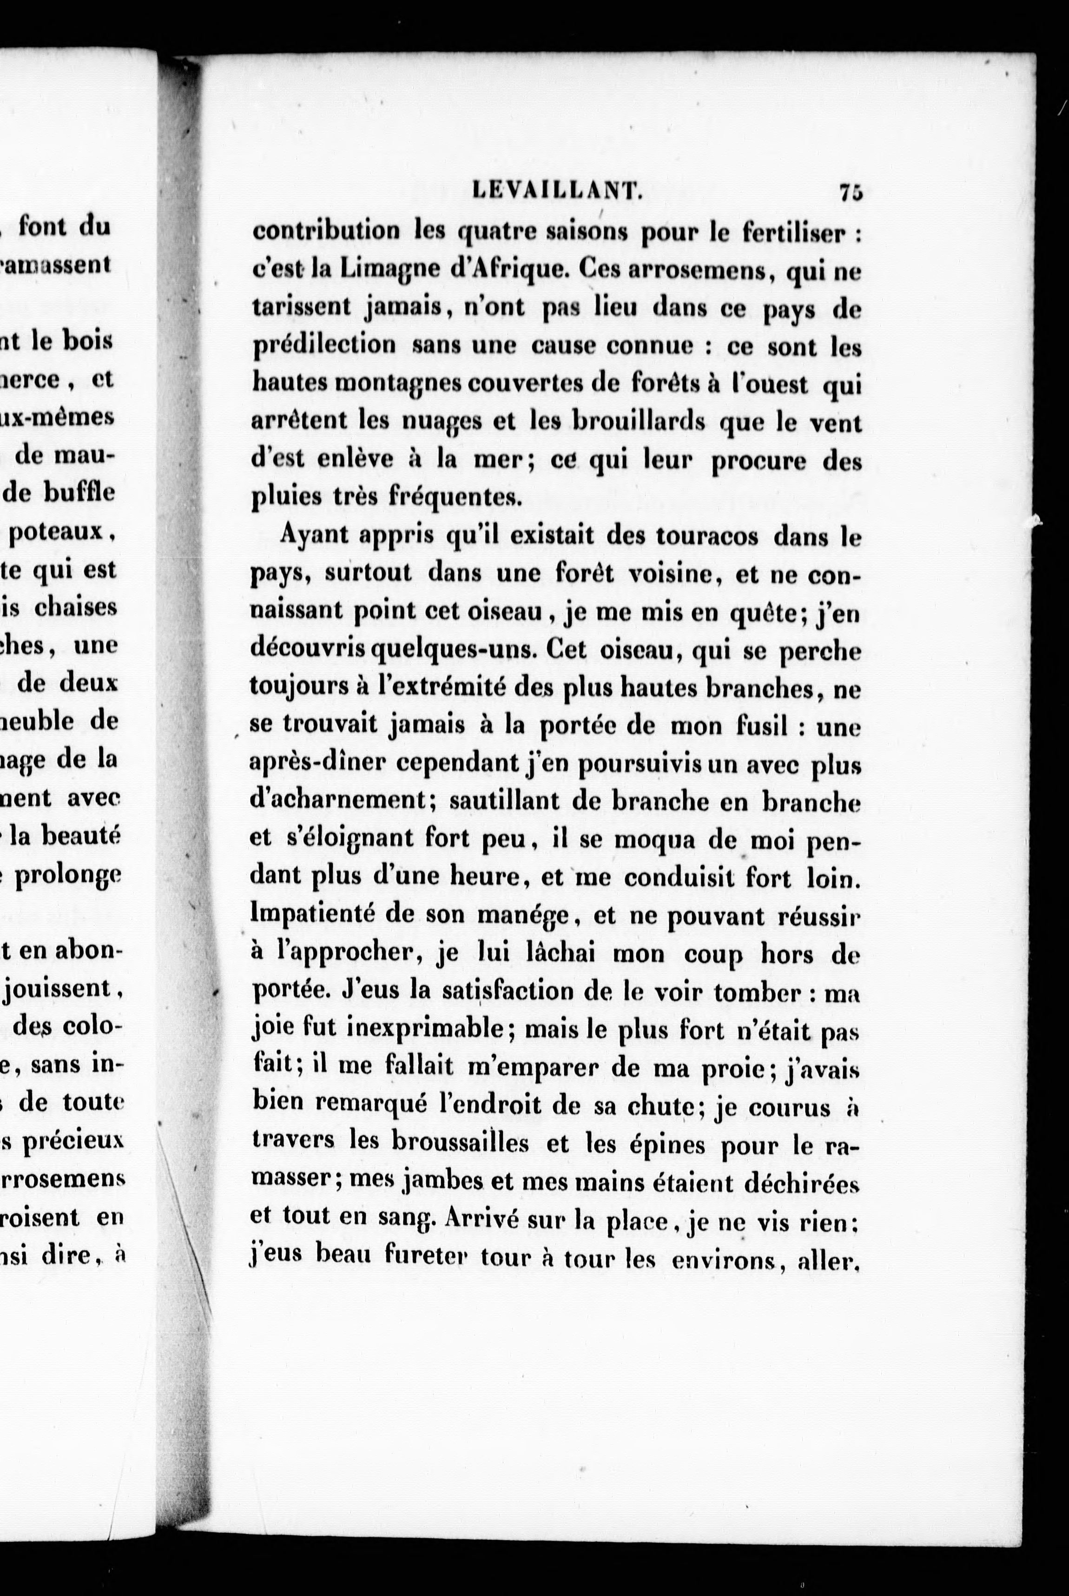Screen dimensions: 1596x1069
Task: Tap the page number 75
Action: (x=851, y=193)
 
